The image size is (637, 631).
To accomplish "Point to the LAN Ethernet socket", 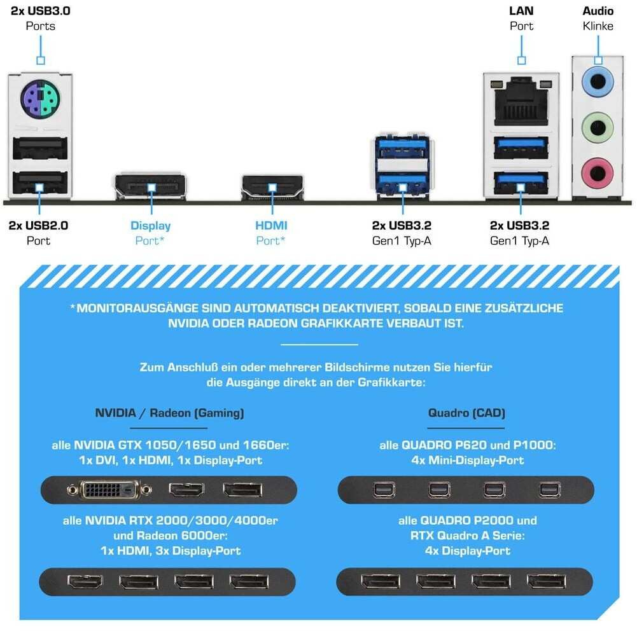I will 521,101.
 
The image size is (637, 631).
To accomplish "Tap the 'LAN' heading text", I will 521,11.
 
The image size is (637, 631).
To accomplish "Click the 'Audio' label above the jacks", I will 598,11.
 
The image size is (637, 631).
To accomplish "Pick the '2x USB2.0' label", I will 39,225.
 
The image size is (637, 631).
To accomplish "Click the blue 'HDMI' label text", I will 271,225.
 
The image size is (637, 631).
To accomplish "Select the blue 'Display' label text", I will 150,225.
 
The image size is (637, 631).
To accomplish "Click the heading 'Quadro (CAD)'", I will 466,413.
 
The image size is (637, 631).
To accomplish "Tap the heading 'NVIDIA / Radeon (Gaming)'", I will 169,413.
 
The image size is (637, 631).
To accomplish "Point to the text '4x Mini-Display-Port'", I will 467,460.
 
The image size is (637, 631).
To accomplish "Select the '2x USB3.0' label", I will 41,11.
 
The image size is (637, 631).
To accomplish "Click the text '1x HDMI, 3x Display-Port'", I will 170,550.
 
